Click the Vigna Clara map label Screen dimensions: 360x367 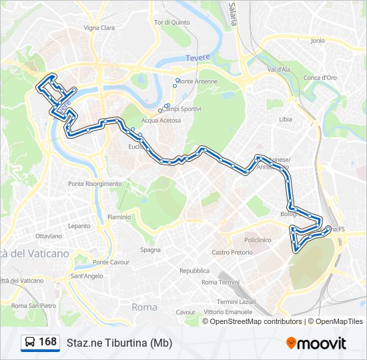point(99,28)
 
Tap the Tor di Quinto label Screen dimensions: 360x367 point(171,22)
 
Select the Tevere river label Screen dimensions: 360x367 point(198,57)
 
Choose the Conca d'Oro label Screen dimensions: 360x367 point(320,77)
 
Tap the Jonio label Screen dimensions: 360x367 point(318,41)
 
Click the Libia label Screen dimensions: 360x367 point(286,119)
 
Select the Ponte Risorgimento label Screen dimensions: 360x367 point(95,183)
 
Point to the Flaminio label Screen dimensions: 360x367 point(119,217)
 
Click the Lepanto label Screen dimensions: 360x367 point(79,226)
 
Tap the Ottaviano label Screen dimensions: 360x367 point(48,236)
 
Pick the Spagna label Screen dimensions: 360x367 point(150,250)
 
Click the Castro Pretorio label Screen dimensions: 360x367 point(232,252)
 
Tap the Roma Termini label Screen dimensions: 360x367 point(220,283)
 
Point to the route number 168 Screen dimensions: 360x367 point(47,342)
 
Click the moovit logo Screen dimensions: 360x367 point(316,343)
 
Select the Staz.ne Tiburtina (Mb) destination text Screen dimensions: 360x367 point(119,343)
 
